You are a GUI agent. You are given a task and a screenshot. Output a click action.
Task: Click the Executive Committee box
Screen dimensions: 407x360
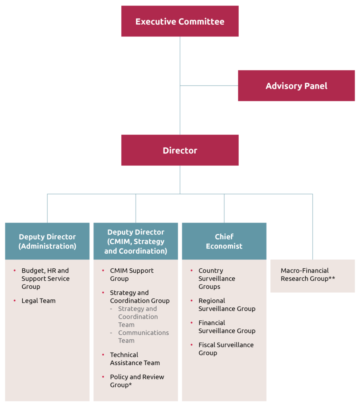click(x=180, y=21)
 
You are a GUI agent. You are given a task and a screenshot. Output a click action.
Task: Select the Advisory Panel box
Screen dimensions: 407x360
click(x=296, y=86)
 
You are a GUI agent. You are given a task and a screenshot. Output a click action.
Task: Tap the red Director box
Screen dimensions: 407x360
click(x=180, y=150)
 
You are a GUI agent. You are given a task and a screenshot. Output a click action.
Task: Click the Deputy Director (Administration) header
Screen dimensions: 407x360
click(x=47, y=241)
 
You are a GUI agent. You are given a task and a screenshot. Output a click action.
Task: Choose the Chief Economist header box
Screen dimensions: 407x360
click(x=224, y=241)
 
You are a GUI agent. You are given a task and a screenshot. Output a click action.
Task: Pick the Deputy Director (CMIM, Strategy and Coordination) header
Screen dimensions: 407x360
click(x=136, y=241)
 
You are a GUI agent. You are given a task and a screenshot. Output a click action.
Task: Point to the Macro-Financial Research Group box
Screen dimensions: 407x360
click(x=312, y=275)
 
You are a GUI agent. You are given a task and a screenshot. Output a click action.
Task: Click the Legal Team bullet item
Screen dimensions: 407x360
click(x=39, y=301)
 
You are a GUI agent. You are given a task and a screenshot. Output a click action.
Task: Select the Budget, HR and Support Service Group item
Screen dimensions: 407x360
click(x=45, y=279)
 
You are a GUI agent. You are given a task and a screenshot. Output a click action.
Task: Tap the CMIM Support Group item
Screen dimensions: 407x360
click(x=132, y=275)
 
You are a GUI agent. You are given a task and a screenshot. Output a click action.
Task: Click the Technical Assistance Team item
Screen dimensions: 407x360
click(x=135, y=359)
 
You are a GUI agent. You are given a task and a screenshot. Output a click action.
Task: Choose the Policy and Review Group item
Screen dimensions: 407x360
click(x=137, y=381)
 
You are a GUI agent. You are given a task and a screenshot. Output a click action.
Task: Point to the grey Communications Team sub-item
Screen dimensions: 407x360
click(x=143, y=337)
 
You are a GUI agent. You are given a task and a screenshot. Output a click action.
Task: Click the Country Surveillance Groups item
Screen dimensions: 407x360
click(x=217, y=279)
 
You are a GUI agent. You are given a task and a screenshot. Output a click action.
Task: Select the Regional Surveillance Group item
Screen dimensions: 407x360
click(x=227, y=305)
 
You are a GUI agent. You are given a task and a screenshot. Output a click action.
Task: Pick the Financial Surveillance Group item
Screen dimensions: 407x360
click(x=227, y=327)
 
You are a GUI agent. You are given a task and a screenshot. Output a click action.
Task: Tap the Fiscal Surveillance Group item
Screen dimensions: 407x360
click(x=226, y=349)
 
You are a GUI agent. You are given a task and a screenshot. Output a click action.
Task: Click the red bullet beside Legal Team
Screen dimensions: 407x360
click(x=15, y=301)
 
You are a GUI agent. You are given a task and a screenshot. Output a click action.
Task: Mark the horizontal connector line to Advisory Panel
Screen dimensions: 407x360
click(x=209, y=85)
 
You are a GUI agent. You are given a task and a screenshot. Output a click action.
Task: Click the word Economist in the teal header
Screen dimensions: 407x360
click(x=224, y=246)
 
